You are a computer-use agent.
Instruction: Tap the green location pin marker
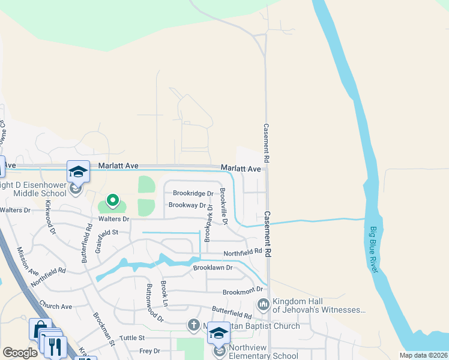click(x=112, y=200)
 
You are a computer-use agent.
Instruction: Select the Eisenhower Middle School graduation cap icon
click(x=78, y=172)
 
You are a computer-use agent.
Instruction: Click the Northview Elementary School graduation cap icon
click(x=218, y=334)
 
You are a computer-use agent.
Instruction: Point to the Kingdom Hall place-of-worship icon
click(x=263, y=305)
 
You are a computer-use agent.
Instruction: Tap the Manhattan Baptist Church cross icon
click(x=193, y=326)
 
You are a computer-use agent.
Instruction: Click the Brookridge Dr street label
click(x=193, y=193)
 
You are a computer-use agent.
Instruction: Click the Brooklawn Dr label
click(x=212, y=268)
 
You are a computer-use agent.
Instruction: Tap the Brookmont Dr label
click(x=243, y=292)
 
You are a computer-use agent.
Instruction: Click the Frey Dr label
click(x=149, y=351)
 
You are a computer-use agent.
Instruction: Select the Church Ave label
click(x=56, y=307)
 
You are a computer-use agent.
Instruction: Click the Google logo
click(x=20, y=353)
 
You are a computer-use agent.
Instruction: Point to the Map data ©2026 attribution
click(x=423, y=355)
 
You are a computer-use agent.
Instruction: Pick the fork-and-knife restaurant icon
click(x=55, y=347)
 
